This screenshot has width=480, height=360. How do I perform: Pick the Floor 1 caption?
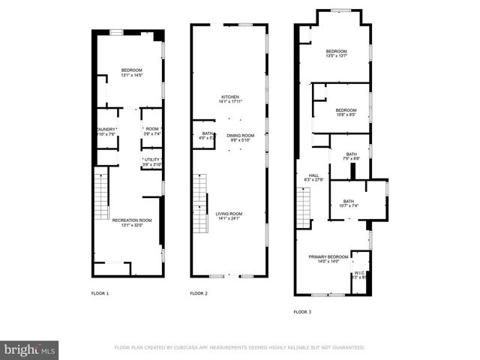[x=100, y=293]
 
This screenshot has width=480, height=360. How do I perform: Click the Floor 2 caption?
[x=199, y=293]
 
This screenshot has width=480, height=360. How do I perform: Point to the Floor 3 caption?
[x=302, y=311]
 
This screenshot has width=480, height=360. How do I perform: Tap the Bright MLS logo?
[x=30, y=350]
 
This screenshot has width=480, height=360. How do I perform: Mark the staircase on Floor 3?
[x=304, y=205]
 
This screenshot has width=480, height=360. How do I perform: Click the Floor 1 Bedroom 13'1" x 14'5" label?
[x=131, y=73]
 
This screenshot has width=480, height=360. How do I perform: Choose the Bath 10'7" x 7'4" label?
[x=349, y=203]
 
